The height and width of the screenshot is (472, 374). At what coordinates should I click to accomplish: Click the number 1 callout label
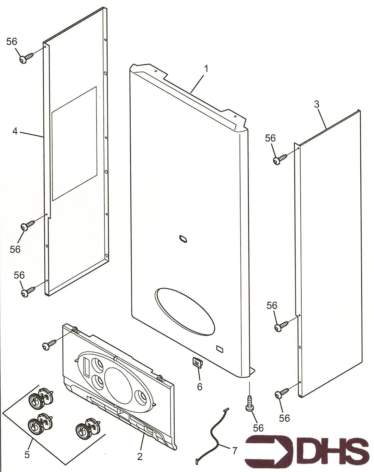(x=206, y=69)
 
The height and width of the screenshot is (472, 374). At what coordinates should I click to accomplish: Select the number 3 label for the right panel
(x=317, y=104)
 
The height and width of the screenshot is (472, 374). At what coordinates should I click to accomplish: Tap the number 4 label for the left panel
(x=15, y=131)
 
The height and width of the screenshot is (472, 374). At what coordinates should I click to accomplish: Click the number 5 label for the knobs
(x=27, y=454)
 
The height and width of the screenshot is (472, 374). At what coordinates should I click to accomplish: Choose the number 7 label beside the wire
(x=234, y=450)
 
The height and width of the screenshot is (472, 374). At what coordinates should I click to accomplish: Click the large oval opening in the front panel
(x=185, y=311)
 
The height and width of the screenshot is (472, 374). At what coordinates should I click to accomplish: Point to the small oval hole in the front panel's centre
(x=183, y=239)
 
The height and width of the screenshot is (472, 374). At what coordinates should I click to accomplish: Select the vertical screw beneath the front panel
(x=250, y=403)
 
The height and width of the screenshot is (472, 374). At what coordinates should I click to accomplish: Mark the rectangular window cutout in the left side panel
(x=74, y=143)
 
